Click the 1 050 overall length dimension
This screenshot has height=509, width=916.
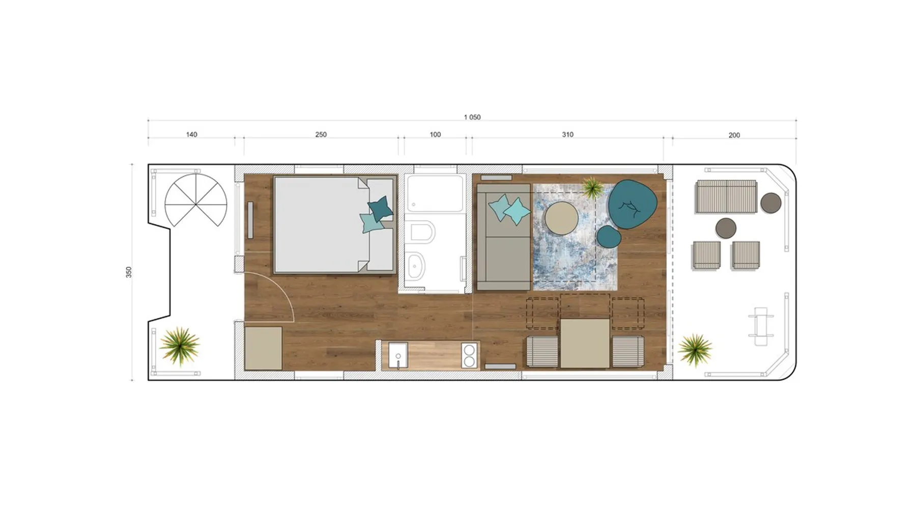[x=472, y=118]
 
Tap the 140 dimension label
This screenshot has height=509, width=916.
[x=191, y=135]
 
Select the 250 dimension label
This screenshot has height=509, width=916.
[x=321, y=135]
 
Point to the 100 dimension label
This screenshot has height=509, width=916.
[x=435, y=135]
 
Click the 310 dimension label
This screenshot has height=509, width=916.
[x=567, y=135]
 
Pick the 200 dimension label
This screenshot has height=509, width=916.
[x=734, y=135]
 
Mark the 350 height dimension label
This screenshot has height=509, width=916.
[x=129, y=272]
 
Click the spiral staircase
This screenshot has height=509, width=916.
[x=196, y=201]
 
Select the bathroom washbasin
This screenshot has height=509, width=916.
[x=417, y=266]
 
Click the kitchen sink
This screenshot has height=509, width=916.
[x=398, y=355]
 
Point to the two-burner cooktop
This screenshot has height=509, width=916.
[x=469, y=355]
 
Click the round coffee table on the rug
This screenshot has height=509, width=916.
[x=561, y=218]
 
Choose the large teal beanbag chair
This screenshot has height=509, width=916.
[x=632, y=204]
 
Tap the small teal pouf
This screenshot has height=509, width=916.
[x=609, y=237]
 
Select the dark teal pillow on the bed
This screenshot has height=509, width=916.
[x=380, y=208]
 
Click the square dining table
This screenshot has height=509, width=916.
[x=585, y=344]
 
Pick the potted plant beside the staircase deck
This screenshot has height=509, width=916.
[x=179, y=346]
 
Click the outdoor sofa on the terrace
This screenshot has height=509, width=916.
[x=726, y=196]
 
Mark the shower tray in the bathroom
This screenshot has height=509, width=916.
[x=436, y=194]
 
